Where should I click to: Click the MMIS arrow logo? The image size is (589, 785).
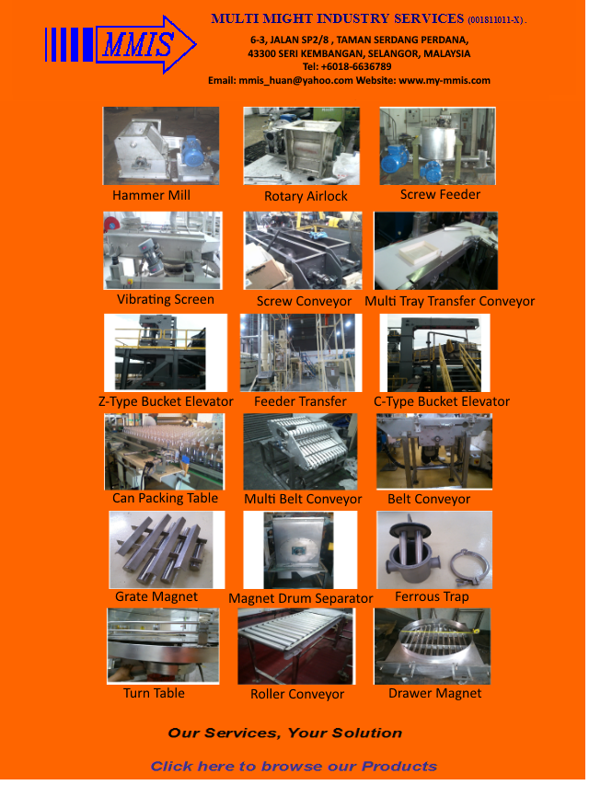point(121,44)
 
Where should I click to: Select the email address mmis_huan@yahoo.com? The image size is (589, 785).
point(296,80)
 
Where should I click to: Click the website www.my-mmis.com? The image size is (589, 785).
point(445,80)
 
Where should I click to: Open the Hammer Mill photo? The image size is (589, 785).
point(161,145)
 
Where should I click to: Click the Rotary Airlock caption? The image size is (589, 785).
point(306,196)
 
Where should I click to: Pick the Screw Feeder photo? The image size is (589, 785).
point(437,145)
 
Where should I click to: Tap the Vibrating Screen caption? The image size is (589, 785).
point(166,299)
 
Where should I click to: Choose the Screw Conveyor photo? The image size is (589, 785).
point(303,250)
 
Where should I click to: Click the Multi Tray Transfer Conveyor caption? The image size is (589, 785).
point(449,301)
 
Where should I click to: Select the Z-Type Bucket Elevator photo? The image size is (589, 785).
point(166,352)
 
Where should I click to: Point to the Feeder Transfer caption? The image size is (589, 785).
point(300,401)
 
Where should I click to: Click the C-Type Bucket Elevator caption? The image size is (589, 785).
point(441,401)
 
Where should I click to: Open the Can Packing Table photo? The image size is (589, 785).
point(164,452)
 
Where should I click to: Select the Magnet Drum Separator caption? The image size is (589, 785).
point(301,599)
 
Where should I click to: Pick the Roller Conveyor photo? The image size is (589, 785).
point(296,646)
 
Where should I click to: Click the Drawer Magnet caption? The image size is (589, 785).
point(434,693)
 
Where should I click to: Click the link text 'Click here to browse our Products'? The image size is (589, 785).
point(294,767)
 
